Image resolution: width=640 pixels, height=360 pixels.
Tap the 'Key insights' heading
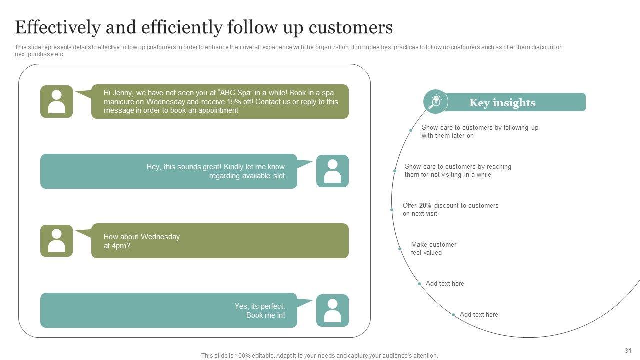tap(502, 103)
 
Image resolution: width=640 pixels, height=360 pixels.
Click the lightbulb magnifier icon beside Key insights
tap(436, 102)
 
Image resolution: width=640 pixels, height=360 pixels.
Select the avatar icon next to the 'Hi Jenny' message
tap(56, 101)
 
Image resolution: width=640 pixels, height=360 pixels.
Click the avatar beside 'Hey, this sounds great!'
tap(332, 171)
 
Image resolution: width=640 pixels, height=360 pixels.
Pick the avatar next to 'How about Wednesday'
tap(56, 241)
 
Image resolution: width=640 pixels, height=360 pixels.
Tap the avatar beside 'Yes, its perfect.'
tap(332, 310)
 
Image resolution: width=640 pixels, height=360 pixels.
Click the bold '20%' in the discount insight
tap(425, 206)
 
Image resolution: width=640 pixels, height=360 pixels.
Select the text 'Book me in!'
tap(265, 315)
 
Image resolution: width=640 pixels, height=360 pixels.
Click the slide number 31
tap(628, 351)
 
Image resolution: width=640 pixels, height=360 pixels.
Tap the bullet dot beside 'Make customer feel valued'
tap(400, 249)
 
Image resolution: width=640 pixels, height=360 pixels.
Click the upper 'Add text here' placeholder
tap(445, 284)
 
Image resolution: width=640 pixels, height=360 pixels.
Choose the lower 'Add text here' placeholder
tap(479, 315)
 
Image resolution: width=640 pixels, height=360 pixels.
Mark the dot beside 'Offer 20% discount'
tap(392, 210)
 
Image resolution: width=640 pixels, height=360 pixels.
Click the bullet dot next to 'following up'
tap(411, 130)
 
